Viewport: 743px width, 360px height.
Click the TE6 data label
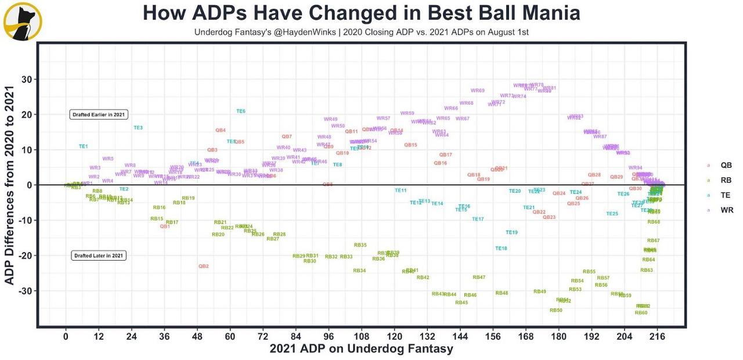241,111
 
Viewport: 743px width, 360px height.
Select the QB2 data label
203,266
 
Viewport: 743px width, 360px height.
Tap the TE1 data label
84,146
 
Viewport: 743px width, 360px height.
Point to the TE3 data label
138,127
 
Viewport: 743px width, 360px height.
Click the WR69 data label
477,91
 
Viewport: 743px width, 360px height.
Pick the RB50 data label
556,310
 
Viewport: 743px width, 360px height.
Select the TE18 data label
501,248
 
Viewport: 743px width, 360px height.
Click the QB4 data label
221,130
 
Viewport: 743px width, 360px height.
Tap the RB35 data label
360,245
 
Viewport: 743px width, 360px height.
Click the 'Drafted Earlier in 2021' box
99,114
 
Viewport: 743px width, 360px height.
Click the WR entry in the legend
726,210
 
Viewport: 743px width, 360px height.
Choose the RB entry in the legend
726,180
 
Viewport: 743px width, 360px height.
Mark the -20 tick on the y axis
26,255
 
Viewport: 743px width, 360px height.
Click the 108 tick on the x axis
362,336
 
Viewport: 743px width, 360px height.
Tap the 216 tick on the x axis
657,336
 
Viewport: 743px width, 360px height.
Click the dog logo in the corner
22,21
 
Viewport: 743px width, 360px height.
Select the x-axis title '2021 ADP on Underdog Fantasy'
361,349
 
